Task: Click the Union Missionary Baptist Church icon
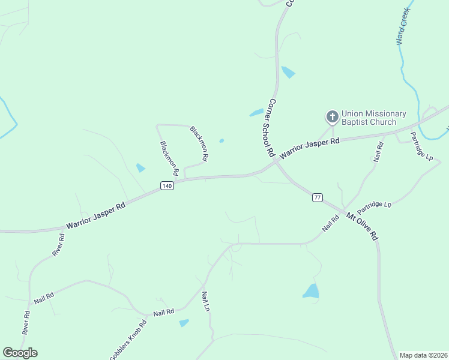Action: click(332, 116)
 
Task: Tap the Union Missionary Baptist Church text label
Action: click(374, 118)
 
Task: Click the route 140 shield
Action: click(167, 187)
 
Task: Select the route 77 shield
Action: click(318, 197)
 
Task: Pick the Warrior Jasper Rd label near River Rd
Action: click(95, 215)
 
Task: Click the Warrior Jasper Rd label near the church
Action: click(310, 147)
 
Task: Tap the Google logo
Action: click(20, 352)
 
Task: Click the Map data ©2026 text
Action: click(423, 355)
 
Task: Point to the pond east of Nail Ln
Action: click(311, 292)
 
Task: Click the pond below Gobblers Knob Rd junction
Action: click(184, 323)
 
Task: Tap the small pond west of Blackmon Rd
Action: click(140, 168)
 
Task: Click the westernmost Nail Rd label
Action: click(44, 298)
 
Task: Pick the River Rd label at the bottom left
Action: click(26, 323)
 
